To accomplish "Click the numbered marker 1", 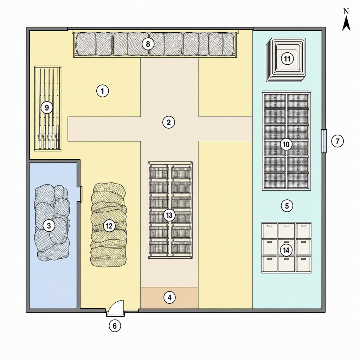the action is click(102, 91).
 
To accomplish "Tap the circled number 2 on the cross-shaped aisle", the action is click(169, 122).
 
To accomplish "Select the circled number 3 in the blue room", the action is click(49, 226).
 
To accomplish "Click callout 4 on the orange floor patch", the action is click(169, 297).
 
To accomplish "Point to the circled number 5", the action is click(287, 206).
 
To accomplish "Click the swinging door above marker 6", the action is click(116, 308).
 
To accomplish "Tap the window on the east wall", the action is click(324, 141).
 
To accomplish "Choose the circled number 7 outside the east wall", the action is click(337, 141).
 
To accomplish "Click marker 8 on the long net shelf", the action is click(148, 44).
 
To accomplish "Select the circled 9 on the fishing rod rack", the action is click(47, 108).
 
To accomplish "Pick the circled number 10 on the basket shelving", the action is click(286, 144).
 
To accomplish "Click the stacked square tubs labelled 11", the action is click(286, 60).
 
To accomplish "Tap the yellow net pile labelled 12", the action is click(109, 225).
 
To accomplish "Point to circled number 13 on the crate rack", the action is click(169, 216).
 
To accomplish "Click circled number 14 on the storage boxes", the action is click(286, 250).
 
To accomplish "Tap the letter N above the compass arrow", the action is click(346, 11).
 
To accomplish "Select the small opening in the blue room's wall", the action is click(79, 194).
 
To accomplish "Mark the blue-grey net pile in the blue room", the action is click(52, 223).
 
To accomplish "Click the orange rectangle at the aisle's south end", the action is click(169, 298).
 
